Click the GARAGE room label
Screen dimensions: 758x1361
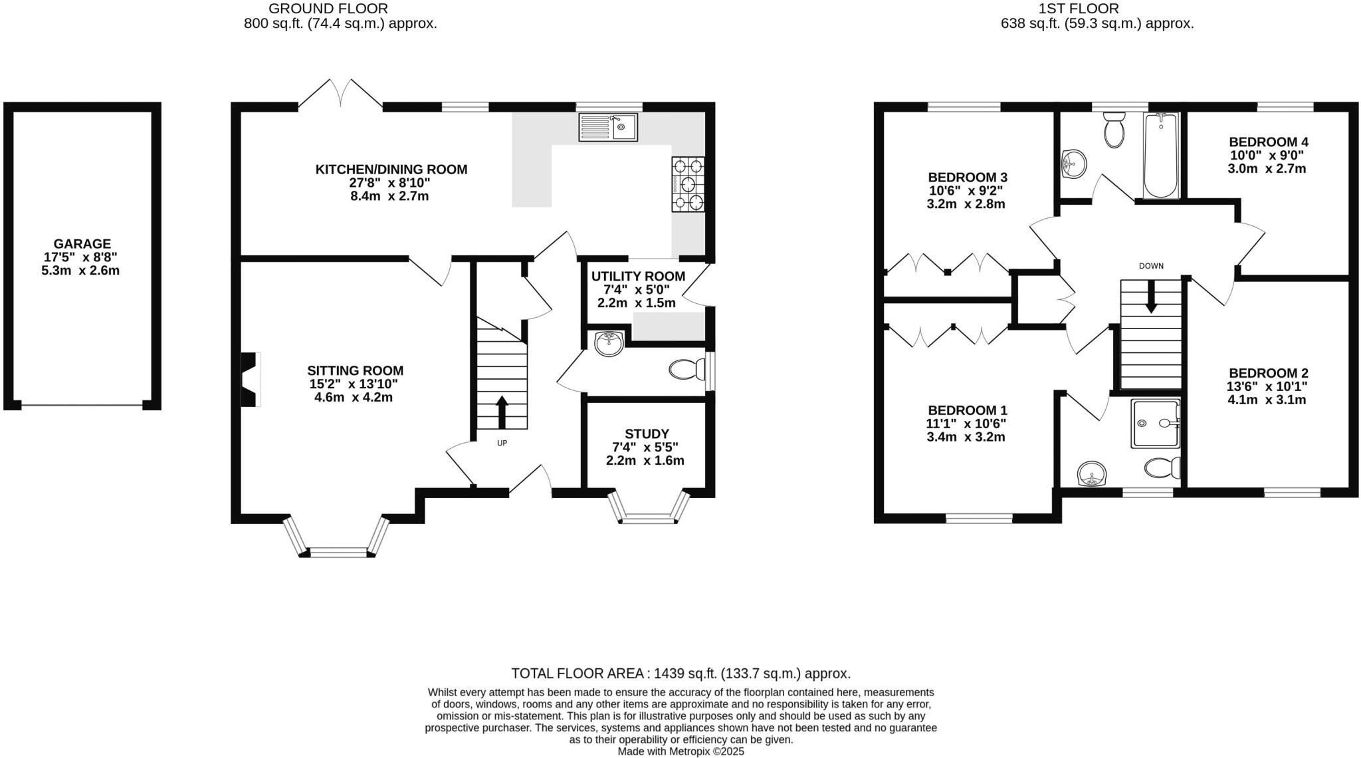[82, 244]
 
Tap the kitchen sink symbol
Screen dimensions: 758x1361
[607, 127]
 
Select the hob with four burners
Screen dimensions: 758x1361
[688, 184]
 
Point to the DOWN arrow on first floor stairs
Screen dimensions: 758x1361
[1151, 297]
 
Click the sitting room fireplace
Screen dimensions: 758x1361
[249, 379]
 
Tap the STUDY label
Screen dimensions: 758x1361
[646, 434]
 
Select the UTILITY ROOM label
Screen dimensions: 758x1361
[638, 277]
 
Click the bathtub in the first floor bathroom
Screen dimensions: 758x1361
[1160, 156]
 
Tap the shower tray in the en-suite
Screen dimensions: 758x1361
[1155, 423]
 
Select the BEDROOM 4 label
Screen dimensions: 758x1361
[1268, 142]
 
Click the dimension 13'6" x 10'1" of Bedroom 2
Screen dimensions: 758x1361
[1267, 387]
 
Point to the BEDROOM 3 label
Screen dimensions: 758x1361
[967, 178]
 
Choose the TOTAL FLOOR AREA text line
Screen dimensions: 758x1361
[680, 674]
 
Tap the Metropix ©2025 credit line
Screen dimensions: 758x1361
[680, 751]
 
